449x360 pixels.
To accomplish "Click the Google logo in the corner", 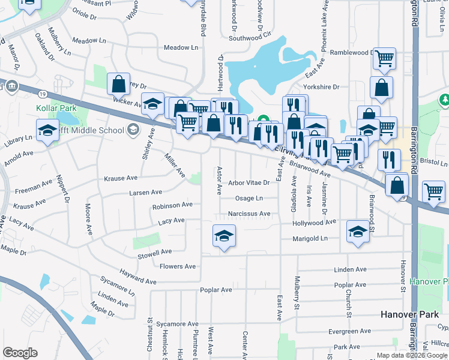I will [20, 353].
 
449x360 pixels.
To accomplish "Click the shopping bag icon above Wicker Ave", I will [119, 84].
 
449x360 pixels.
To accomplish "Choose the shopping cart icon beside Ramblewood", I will [384, 59].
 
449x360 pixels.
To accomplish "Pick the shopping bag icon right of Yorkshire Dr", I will [381, 88].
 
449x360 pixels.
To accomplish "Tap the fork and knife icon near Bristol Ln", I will [389, 160].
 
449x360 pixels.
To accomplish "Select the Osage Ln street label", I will [249, 198].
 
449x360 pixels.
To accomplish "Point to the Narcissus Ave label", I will [249, 214].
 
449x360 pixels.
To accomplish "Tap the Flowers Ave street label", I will [178, 266].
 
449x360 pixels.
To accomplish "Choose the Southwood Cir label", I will [250, 38].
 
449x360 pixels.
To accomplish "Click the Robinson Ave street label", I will [172, 205].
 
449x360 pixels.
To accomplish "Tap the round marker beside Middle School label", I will [133, 129].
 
